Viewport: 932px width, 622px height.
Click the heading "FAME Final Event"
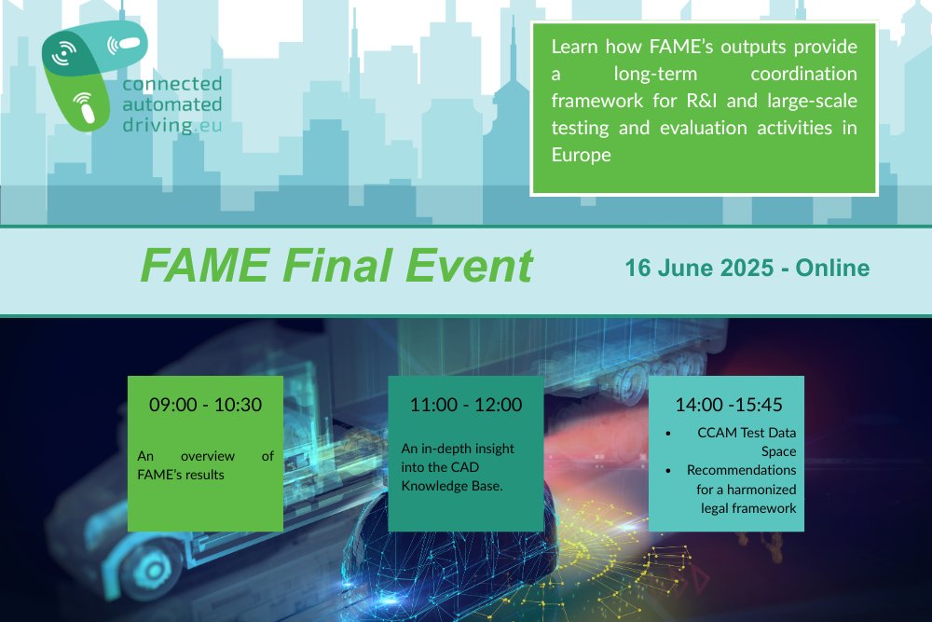pos(336,267)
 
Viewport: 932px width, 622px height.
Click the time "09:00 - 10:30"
pos(205,405)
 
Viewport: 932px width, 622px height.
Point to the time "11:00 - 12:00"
pos(465,405)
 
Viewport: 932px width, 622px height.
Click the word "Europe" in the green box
pos(581,155)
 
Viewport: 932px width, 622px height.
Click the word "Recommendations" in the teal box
pos(740,470)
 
